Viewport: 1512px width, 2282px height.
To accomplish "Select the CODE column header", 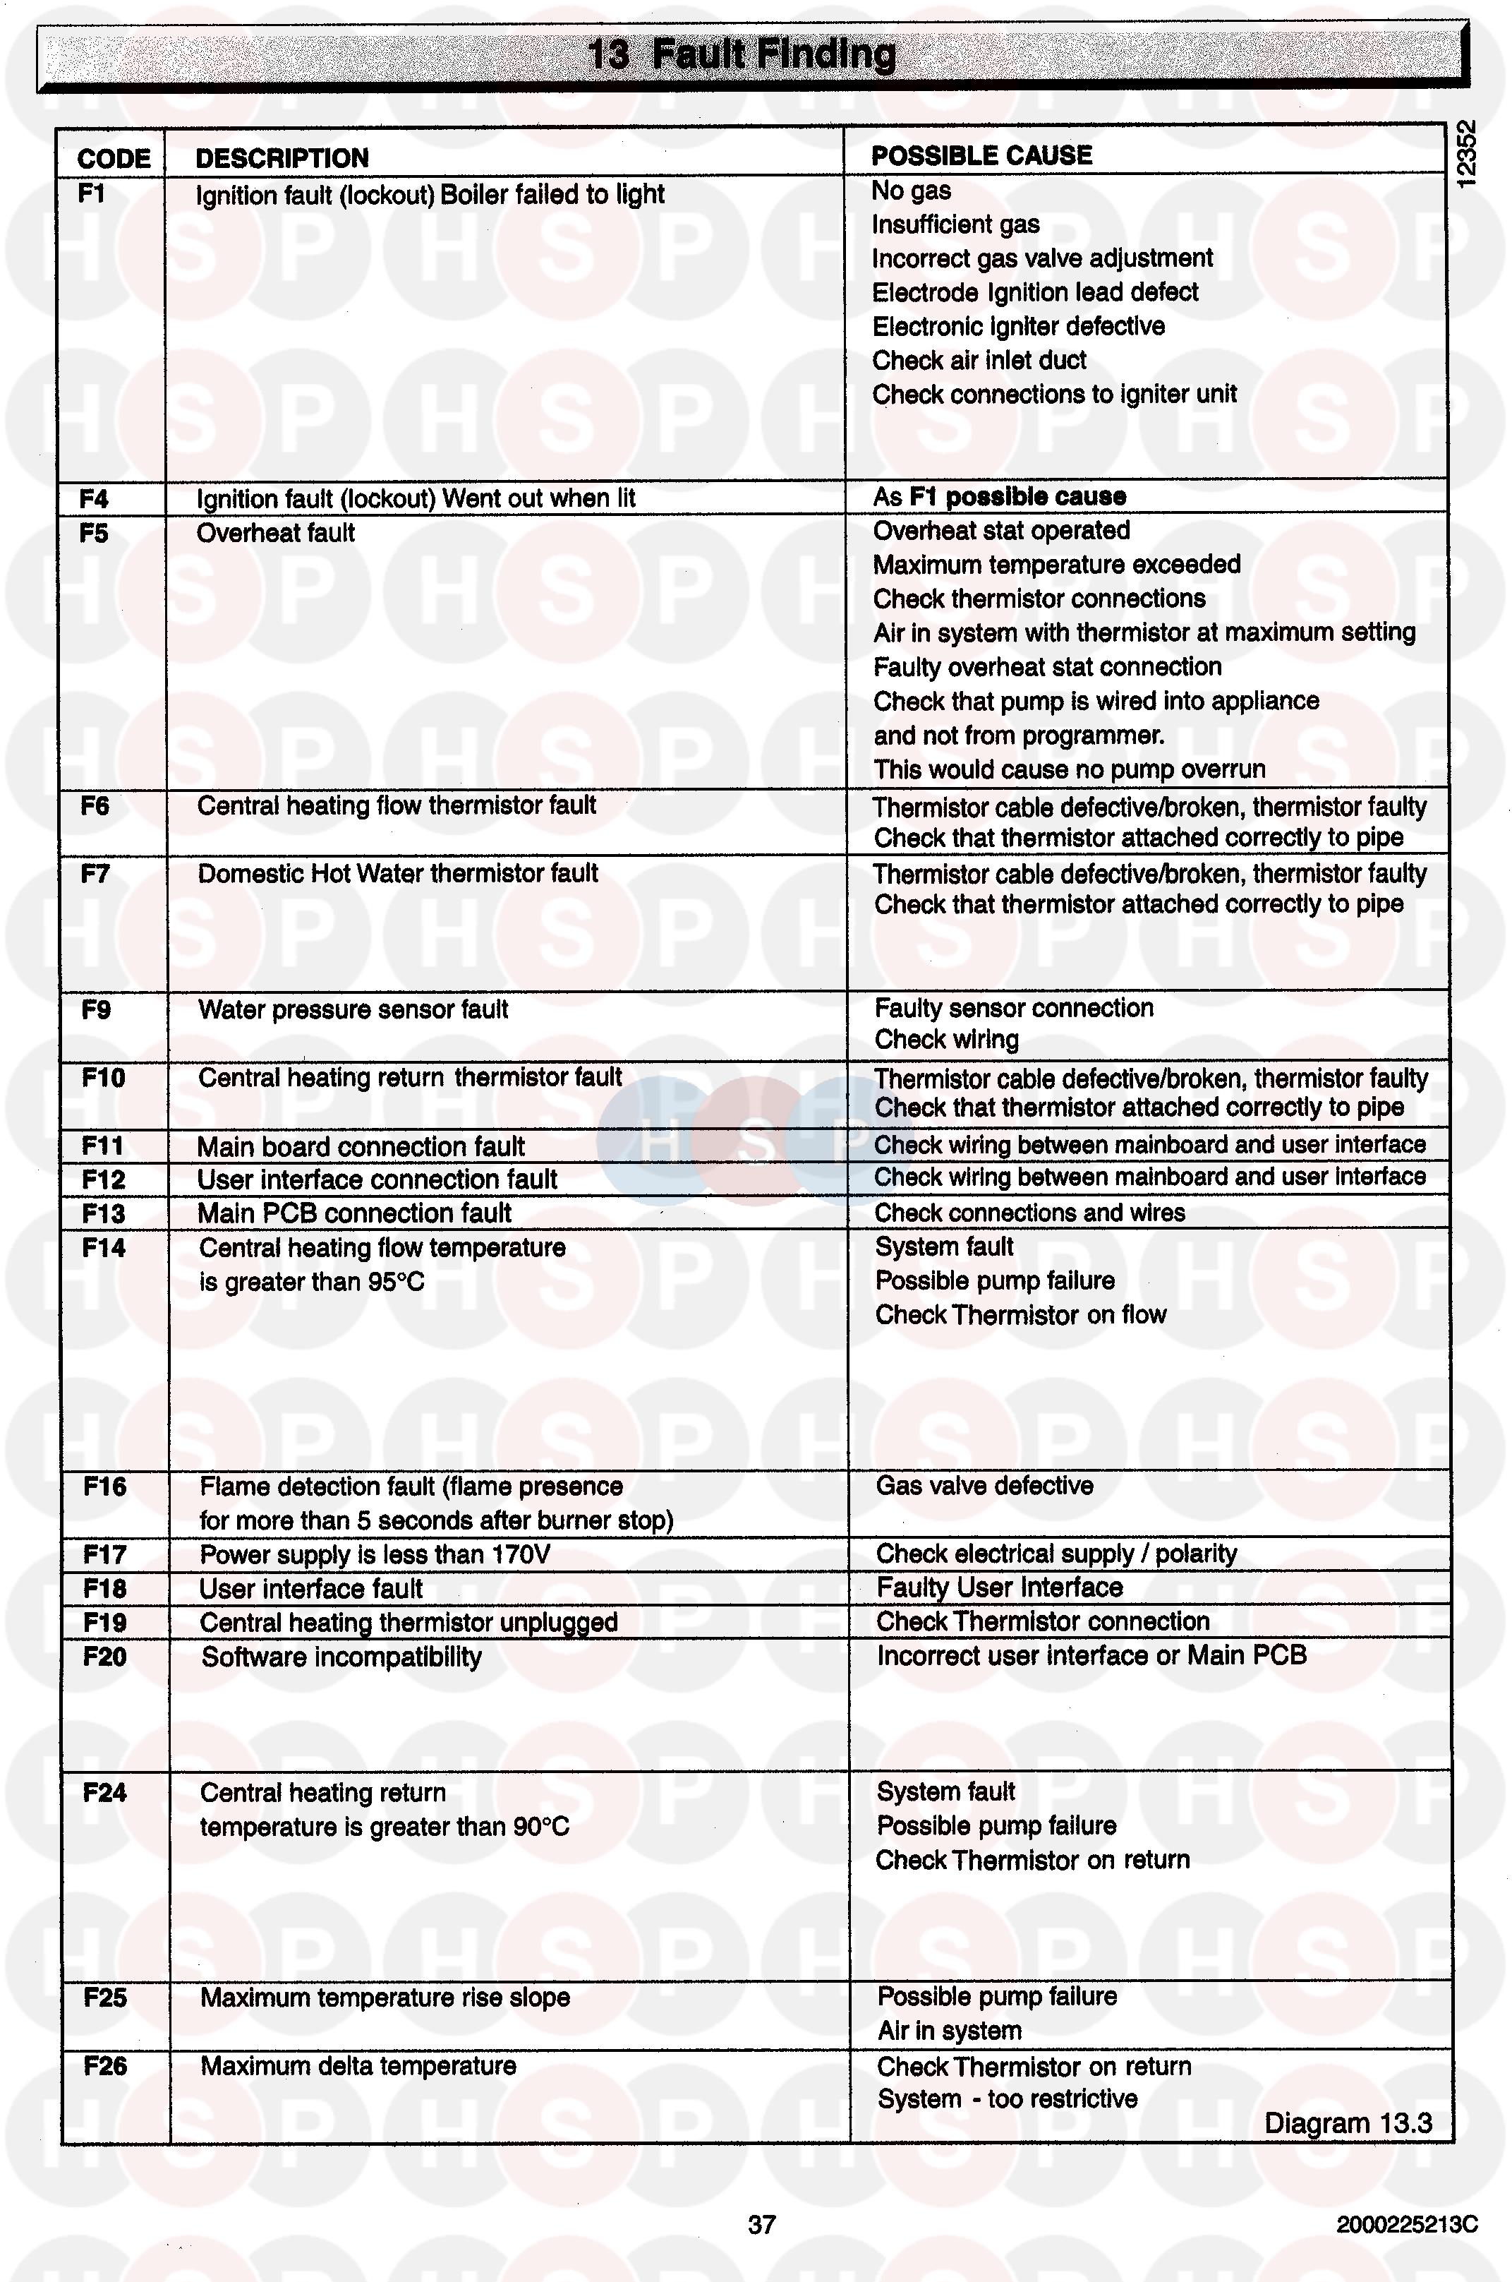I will (114, 158).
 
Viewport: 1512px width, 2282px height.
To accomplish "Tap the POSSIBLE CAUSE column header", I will (981, 155).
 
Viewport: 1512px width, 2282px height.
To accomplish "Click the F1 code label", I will (92, 194).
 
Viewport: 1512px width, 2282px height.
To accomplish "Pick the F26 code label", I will (105, 2066).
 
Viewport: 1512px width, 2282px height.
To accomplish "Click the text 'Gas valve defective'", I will (984, 1485).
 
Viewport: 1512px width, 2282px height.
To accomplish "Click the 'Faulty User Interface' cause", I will (999, 1587).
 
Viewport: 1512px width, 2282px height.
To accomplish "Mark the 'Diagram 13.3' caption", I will (1347, 2123).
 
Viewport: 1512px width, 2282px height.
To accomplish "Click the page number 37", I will (761, 2224).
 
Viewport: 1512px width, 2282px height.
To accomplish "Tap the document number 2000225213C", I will (1406, 2224).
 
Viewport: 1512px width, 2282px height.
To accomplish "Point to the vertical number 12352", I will (1465, 155).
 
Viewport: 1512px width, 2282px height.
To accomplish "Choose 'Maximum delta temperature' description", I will (358, 2066).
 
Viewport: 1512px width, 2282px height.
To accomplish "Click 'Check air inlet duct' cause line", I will (979, 361).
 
